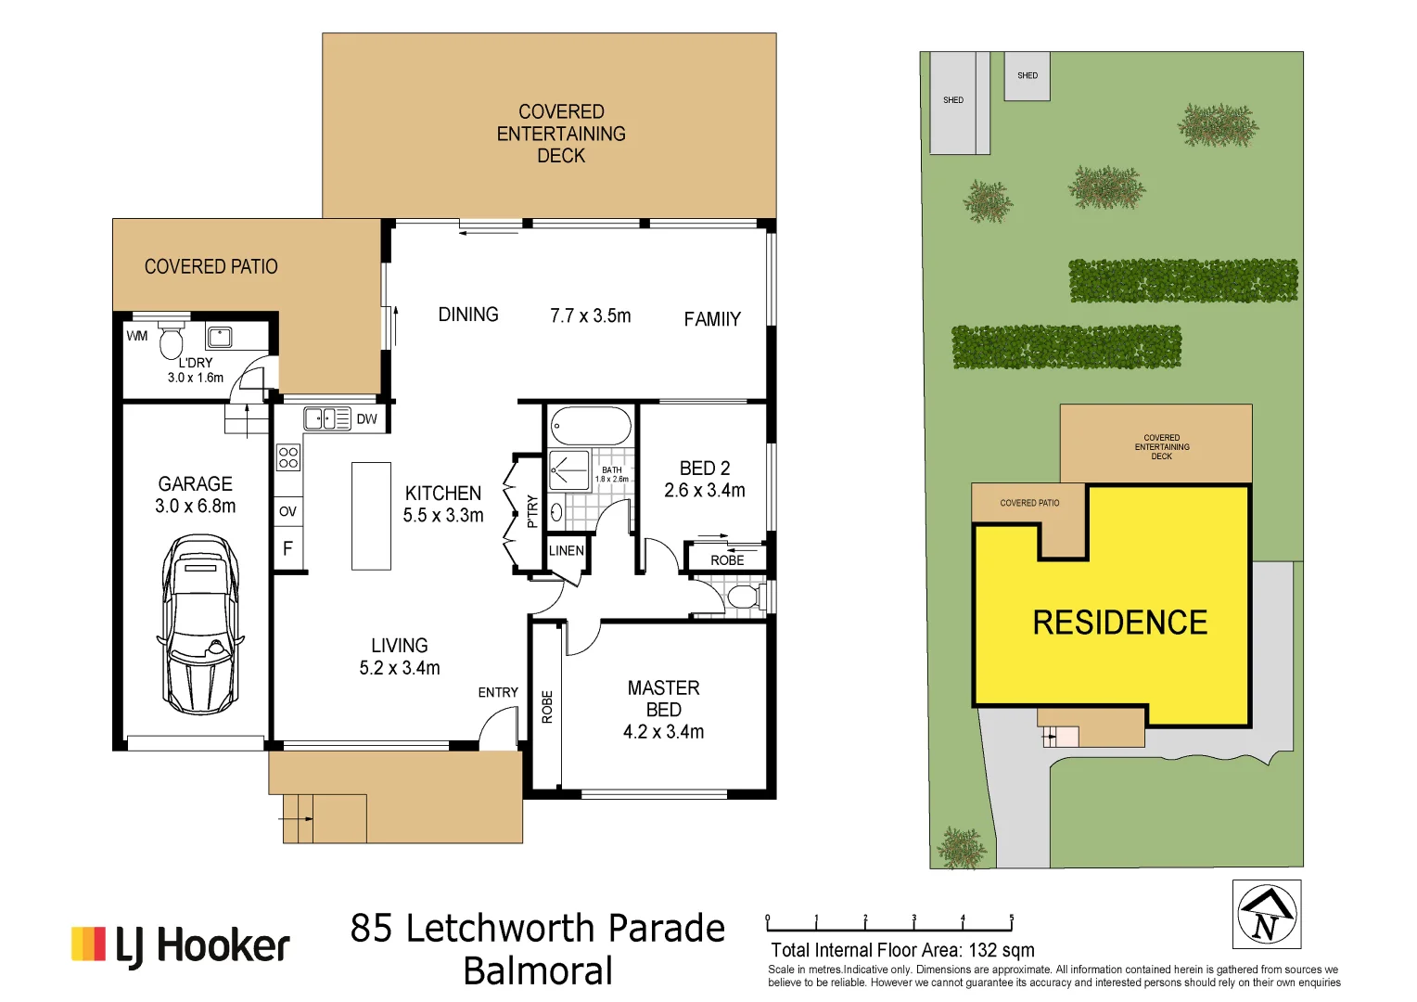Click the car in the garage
pos(200,623)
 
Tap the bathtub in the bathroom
pos(591,427)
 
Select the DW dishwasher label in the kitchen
pos(367,419)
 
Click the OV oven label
pos(287,511)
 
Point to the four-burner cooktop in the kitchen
pos(288,456)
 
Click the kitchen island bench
pos(371,516)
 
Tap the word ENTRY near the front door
pos(498,692)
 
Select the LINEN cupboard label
pos(566,550)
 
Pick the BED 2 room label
pos(705,469)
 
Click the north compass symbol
pos(1267,914)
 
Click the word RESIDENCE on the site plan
pos(1120,623)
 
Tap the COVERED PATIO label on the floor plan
pos(211,267)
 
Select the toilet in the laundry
pos(172,340)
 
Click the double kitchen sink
pos(326,419)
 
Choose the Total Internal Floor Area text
pos(902,950)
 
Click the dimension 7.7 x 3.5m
pos(590,316)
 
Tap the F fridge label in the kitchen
pos(287,548)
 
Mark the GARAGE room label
pos(195,484)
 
